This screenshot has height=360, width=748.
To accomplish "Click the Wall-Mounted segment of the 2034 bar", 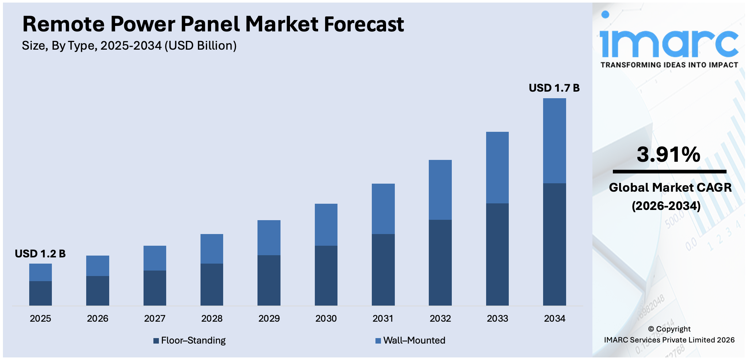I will point(554,141).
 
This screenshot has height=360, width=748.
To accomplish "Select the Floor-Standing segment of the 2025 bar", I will point(41,293).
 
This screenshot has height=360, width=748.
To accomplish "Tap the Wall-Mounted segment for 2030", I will point(326,225).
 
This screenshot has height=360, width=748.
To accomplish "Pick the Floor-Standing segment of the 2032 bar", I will point(440,263).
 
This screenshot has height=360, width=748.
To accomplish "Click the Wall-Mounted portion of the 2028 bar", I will point(212,249).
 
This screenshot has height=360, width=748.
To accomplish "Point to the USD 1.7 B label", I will point(554,88).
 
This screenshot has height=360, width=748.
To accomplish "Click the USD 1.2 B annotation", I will point(40,254).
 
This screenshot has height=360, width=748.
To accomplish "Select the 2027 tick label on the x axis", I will point(154,319).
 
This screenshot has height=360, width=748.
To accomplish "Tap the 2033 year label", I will point(497,319).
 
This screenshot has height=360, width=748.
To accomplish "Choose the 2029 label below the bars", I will point(269,319).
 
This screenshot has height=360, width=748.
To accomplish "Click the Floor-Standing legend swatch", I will point(156,341).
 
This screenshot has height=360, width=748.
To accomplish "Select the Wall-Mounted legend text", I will point(414,341).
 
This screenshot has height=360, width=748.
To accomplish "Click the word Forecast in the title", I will point(364,24).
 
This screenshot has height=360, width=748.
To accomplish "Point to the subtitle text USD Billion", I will point(200,46).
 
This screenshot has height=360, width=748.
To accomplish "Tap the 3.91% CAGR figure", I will point(668,154).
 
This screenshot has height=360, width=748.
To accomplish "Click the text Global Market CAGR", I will point(670,188).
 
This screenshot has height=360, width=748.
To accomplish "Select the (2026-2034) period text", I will point(666,206).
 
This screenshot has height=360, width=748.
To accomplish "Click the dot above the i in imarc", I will point(605,15).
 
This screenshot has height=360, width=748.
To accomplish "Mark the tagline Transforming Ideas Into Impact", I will point(669,65).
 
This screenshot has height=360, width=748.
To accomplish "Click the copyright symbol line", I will point(669,329).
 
